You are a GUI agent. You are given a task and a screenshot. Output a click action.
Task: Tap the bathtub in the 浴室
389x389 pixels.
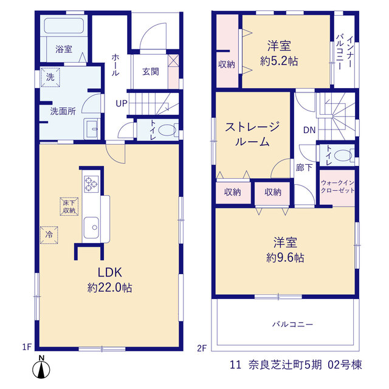(x=64, y=26)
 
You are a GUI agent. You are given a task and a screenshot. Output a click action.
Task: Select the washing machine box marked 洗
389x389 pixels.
(x=50, y=77)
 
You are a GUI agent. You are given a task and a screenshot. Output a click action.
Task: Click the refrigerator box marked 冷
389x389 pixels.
(x=49, y=235)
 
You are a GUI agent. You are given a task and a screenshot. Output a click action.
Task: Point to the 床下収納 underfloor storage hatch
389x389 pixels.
(x=69, y=207)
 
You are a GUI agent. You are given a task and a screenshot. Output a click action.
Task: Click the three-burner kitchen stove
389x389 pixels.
(x=91, y=184)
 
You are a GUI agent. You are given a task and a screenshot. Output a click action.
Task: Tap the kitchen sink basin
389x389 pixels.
(x=91, y=227)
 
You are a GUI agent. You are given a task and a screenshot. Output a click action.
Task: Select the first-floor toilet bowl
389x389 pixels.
(x=167, y=129)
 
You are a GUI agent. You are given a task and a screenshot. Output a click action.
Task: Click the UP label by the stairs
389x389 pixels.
(x=122, y=103)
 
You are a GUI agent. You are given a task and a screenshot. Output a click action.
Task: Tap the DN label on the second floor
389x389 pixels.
(x=309, y=129)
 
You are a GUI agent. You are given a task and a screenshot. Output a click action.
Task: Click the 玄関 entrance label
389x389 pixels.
(x=151, y=72)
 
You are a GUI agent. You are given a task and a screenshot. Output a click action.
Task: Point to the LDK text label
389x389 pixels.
(x=109, y=272)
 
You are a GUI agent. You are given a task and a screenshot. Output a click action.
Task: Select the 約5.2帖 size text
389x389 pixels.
(x=279, y=61)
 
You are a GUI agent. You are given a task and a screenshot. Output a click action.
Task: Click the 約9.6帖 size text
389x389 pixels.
(x=285, y=258)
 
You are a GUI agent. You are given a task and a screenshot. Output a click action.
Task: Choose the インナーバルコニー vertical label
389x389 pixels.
(x=345, y=52)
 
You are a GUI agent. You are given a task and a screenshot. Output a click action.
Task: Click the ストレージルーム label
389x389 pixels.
(x=252, y=134)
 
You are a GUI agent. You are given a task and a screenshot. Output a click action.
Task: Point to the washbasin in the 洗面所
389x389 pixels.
(x=92, y=129)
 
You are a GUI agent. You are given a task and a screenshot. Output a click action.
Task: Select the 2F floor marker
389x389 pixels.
(x=202, y=348)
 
